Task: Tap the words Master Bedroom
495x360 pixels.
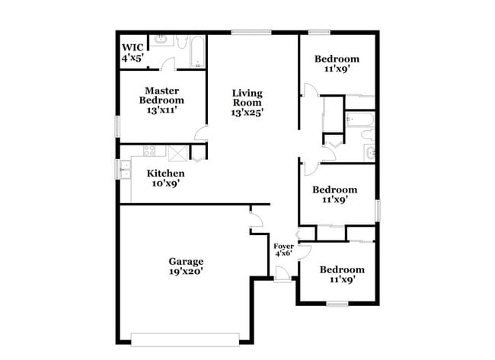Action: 161,95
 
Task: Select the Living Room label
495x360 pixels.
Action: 247,98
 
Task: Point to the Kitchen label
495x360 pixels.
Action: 165,174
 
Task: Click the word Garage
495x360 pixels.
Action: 186,262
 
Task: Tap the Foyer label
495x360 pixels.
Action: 283,247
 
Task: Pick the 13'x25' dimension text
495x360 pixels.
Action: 247,113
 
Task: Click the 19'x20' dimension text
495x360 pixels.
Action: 186,271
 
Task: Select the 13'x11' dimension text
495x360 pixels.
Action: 161,110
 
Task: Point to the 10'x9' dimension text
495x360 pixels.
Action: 165,183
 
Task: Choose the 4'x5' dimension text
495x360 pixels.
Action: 131,57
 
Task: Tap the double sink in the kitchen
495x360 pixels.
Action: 124,169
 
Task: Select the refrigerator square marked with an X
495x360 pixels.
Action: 178,152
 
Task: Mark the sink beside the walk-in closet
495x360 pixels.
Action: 161,39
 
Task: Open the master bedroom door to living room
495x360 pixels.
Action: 202,134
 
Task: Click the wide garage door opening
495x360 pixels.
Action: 186,337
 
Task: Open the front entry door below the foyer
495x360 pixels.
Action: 282,277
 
